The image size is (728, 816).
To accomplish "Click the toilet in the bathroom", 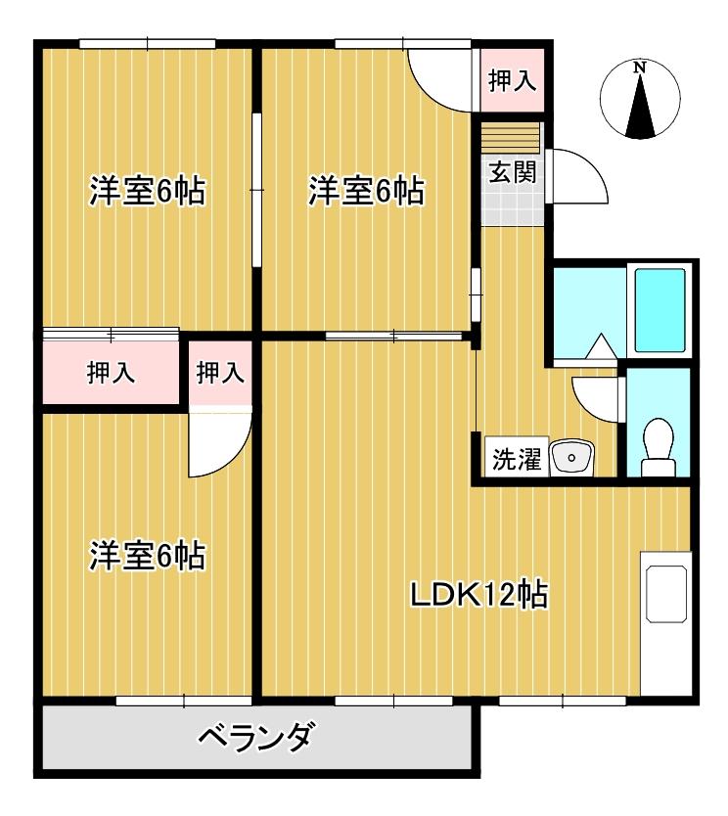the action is click(x=659, y=447).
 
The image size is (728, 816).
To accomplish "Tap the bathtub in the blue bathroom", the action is click(x=660, y=311).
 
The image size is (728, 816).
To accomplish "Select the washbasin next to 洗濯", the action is click(x=571, y=458).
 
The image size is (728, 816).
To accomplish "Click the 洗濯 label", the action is click(x=517, y=459).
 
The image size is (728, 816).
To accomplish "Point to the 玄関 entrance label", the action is click(x=513, y=172).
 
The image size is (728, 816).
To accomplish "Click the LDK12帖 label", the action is click(x=479, y=595).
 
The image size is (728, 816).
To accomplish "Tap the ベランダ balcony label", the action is click(x=256, y=737).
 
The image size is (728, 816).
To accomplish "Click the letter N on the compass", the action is click(x=640, y=68).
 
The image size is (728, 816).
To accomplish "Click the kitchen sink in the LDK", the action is click(x=666, y=594).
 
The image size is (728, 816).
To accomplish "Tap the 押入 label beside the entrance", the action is click(x=512, y=80).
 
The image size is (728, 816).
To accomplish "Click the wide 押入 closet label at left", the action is click(x=111, y=373).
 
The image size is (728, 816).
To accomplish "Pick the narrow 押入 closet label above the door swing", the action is click(x=220, y=373).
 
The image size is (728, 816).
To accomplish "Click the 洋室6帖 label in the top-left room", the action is click(x=148, y=192).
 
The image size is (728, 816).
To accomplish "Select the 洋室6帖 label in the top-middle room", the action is click(x=366, y=192).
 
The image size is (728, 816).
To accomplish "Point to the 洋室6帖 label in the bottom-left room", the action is click(x=148, y=556).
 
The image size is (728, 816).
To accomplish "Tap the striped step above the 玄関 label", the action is click(x=512, y=138).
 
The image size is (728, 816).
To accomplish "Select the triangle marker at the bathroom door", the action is click(x=601, y=345).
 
